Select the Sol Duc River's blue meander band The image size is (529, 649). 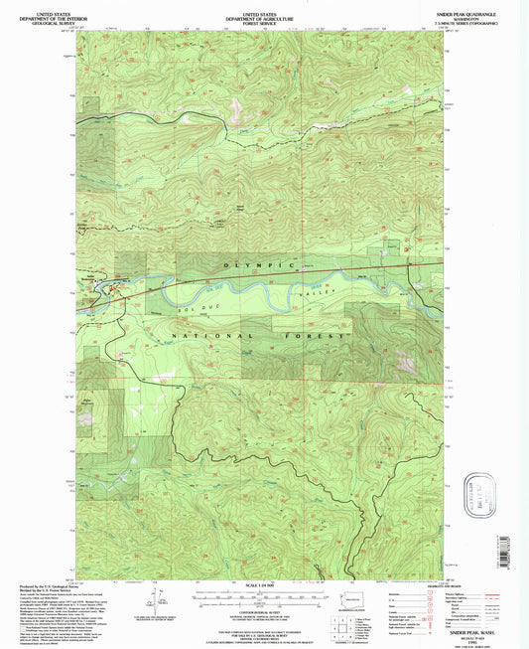click(238, 295)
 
